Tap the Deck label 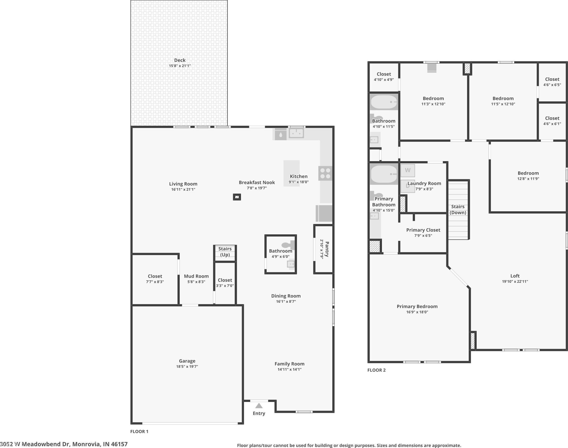pos(180,60)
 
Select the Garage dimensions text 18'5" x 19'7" pos(187,366)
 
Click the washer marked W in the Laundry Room pos(408,171)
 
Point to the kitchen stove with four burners pos(325,173)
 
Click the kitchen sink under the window pos(296,133)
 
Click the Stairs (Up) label pos(225,251)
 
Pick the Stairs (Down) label pos(458,210)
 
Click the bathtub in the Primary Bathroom pos(384,174)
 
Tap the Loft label pos(515,276)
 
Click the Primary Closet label pos(423,230)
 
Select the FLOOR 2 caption pos(376,370)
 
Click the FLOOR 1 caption pos(139,431)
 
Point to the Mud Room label pos(196,276)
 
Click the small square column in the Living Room pos(237,197)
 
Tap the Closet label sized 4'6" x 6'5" pos(552,79)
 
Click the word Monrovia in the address pos(86,444)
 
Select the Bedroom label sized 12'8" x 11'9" pos(528,173)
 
